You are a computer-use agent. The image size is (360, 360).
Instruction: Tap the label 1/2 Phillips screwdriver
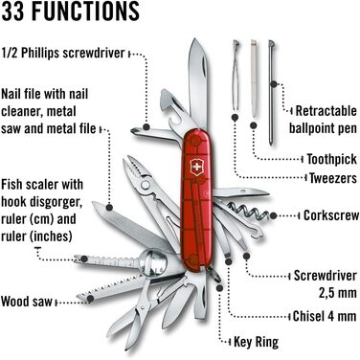[x=63, y=54]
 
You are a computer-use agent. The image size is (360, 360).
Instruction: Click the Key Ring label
[x=260, y=340]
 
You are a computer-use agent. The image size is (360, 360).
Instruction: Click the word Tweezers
[x=328, y=177]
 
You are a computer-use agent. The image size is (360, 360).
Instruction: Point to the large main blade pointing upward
[x=195, y=77]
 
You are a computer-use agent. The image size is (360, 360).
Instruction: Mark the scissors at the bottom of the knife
[x=134, y=315]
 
